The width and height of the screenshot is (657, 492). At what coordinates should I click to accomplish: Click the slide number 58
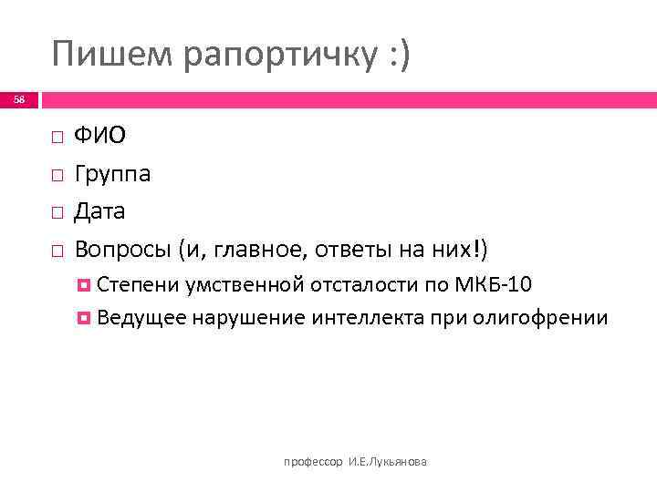point(19,99)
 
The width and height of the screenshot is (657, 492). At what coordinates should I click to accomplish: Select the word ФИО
point(100,136)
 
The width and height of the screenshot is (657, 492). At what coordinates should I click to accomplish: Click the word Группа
point(113,174)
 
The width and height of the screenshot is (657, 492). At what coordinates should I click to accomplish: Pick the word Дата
point(100,211)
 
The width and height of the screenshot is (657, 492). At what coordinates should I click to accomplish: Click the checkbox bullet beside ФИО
point(57,137)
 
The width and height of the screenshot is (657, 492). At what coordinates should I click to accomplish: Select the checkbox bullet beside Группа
point(57,174)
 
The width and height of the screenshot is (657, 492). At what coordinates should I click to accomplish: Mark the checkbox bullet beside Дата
point(57,211)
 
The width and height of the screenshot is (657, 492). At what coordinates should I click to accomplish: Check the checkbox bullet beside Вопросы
point(57,249)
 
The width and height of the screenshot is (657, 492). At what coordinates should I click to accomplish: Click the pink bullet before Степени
point(84,285)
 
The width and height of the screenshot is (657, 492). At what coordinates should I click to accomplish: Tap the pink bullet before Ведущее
point(84,317)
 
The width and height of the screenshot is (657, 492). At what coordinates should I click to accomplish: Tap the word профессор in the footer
point(314,463)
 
